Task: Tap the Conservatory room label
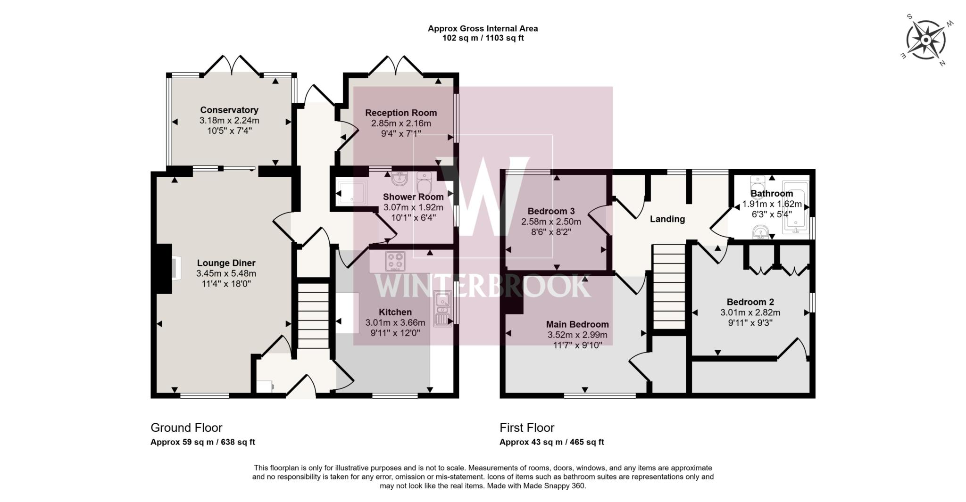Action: pyautogui.click(x=229, y=110)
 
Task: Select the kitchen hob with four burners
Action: pyautogui.click(x=395, y=261)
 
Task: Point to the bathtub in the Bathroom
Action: pyautogui.click(x=795, y=207)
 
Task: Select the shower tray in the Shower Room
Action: pyautogui.click(x=352, y=192)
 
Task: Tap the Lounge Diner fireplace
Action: pyautogui.click(x=170, y=269)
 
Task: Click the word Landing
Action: pyautogui.click(x=667, y=219)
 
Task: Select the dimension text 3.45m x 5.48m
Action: pyautogui.click(x=226, y=273)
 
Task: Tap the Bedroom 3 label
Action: pyautogui.click(x=551, y=211)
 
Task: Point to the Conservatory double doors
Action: pyautogui.click(x=231, y=65)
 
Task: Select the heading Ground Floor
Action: pyautogui.click(x=186, y=428)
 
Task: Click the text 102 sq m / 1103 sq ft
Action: pyautogui.click(x=483, y=38)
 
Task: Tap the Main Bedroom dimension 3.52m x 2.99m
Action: pyautogui.click(x=577, y=335)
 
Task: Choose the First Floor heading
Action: pyautogui.click(x=527, y=428)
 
